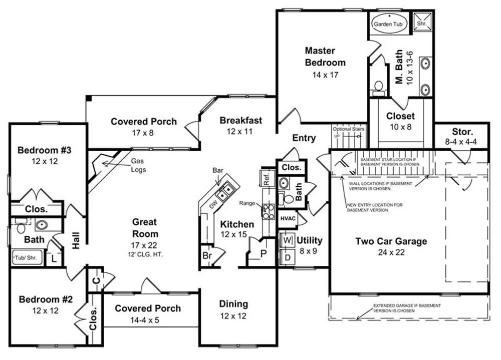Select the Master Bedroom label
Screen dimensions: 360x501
pyautogui.click(x=325, y=57)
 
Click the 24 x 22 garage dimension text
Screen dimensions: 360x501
pyautogui.click(x=391, y=252)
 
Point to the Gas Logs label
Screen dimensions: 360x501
pyautogui.click(x=138, y=165)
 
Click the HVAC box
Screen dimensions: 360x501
pyautogui.click(x=287, y=218)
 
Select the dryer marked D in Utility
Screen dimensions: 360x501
pyautogui.click(x=288, y=257)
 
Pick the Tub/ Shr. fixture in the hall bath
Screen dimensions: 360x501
pyautogui.click(x=24, y=258)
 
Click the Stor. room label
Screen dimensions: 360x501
pyautogui.click(x=462, y=132)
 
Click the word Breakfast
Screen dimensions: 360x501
pyautogui.click(x=240, y=120)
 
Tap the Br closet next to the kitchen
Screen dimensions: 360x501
pyautogui.click(x=206, y=255)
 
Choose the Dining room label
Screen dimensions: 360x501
pyautogui.click(x=233, y=304)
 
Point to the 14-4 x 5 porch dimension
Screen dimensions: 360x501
pyautogui.click(x=148, y=320)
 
